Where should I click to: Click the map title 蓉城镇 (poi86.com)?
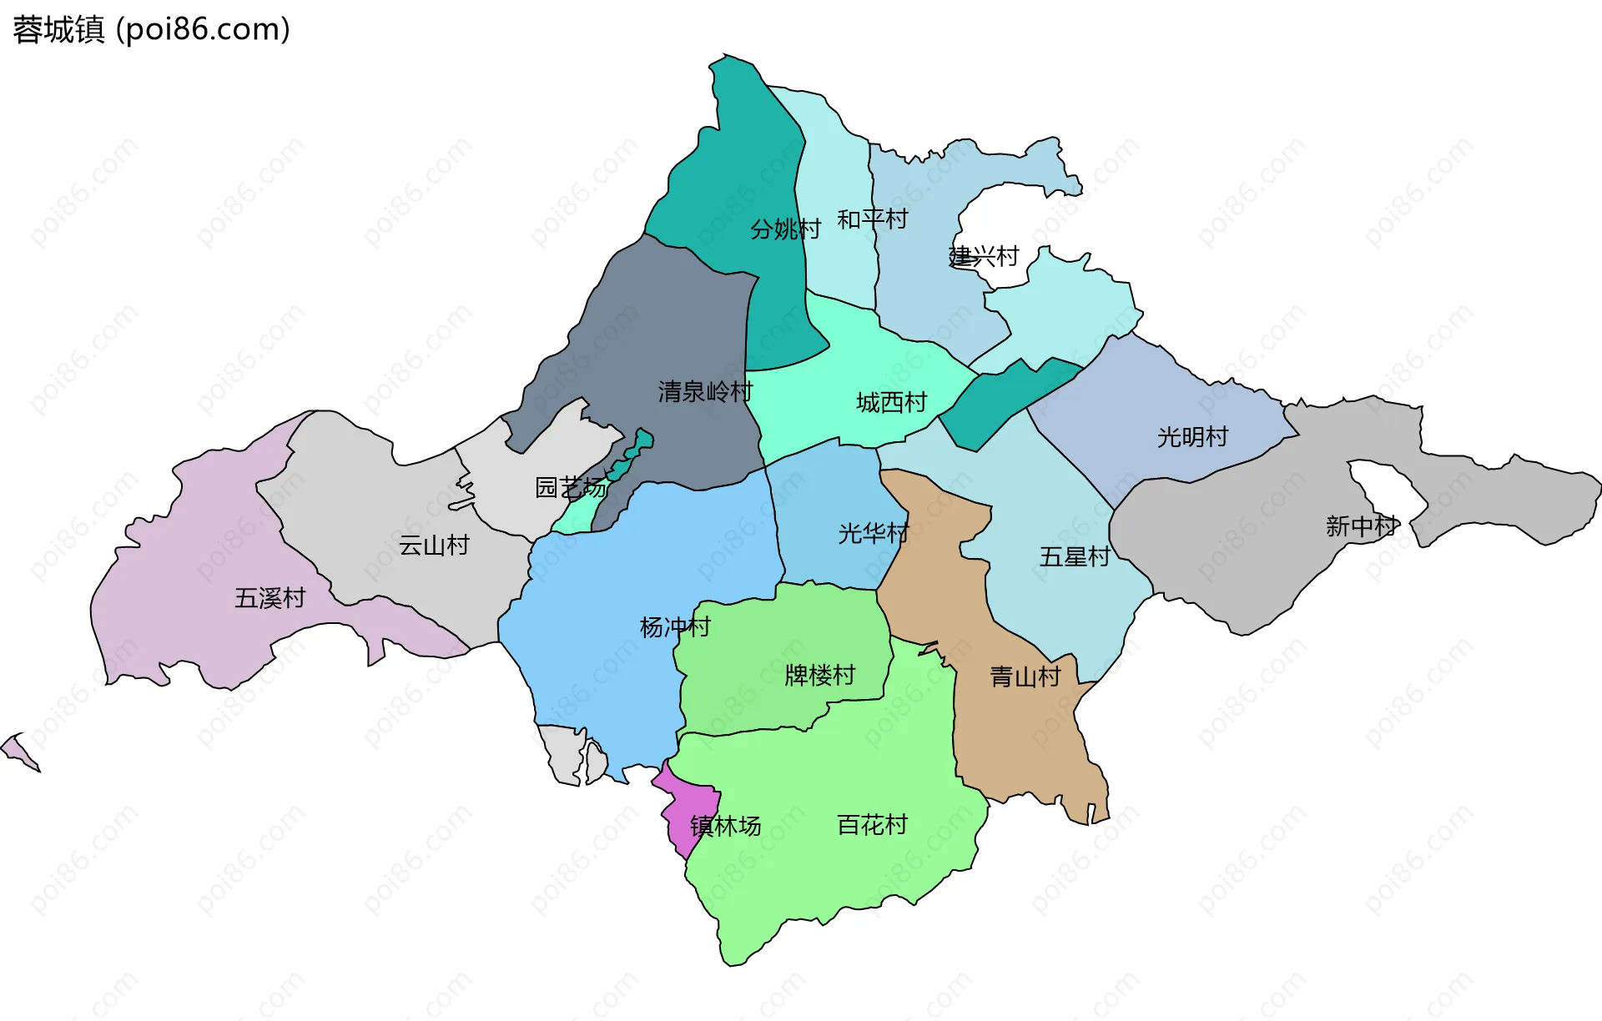coord(151,29)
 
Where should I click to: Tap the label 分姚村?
coord(785,229)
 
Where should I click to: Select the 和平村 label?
coord(872,219)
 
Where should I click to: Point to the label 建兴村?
coord(984,255)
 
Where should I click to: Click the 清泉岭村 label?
coord(705,390)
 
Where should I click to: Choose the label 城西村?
coord(891,402)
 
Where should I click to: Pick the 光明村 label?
coord(1192,436)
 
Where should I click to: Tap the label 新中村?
coord(1361,526)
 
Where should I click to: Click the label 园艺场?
coord(571,486)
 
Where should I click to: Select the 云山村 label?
coord(434,545)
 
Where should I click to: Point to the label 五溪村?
coord(270,597)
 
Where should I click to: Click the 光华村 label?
coord(873,532)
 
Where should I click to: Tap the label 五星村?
coord(1075,556)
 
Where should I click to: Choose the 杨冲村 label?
coord(675,626)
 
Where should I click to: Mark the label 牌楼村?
coord(820,674)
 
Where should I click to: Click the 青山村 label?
coord(1025,676)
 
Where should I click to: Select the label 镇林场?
coord(725,826)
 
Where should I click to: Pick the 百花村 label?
coord(872,824)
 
